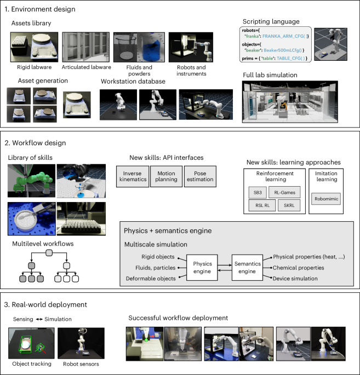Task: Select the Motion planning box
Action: (x=166, y=177)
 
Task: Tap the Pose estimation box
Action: (x=199, y=177)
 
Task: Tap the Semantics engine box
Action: (x=248, y=268)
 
